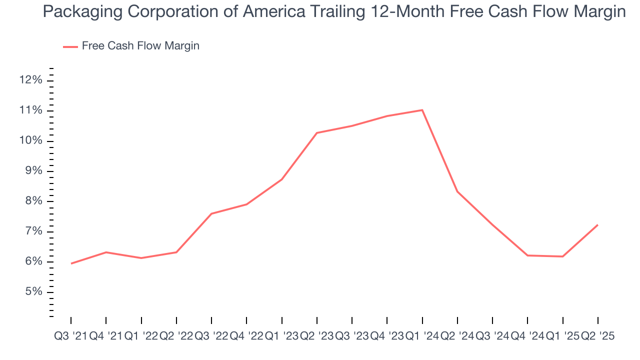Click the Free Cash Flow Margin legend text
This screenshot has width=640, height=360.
(140, 46)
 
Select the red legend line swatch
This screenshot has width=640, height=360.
(70, 46)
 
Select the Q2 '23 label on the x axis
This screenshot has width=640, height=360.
(317, 336)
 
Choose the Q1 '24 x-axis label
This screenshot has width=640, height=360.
(422, 336)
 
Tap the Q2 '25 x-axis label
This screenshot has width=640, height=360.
(597, 336)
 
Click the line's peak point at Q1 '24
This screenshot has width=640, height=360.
(422, 110)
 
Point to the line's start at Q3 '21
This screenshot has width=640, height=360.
(71, 263)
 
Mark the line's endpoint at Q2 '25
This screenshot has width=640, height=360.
(598, 225)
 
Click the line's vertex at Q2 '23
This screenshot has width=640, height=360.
(317, 133)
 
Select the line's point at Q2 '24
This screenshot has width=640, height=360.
(457, 191)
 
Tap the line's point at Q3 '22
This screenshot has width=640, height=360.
(211, 213)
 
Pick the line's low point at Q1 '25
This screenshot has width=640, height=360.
(563, 256)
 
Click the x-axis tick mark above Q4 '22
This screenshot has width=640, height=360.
(246, 320)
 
